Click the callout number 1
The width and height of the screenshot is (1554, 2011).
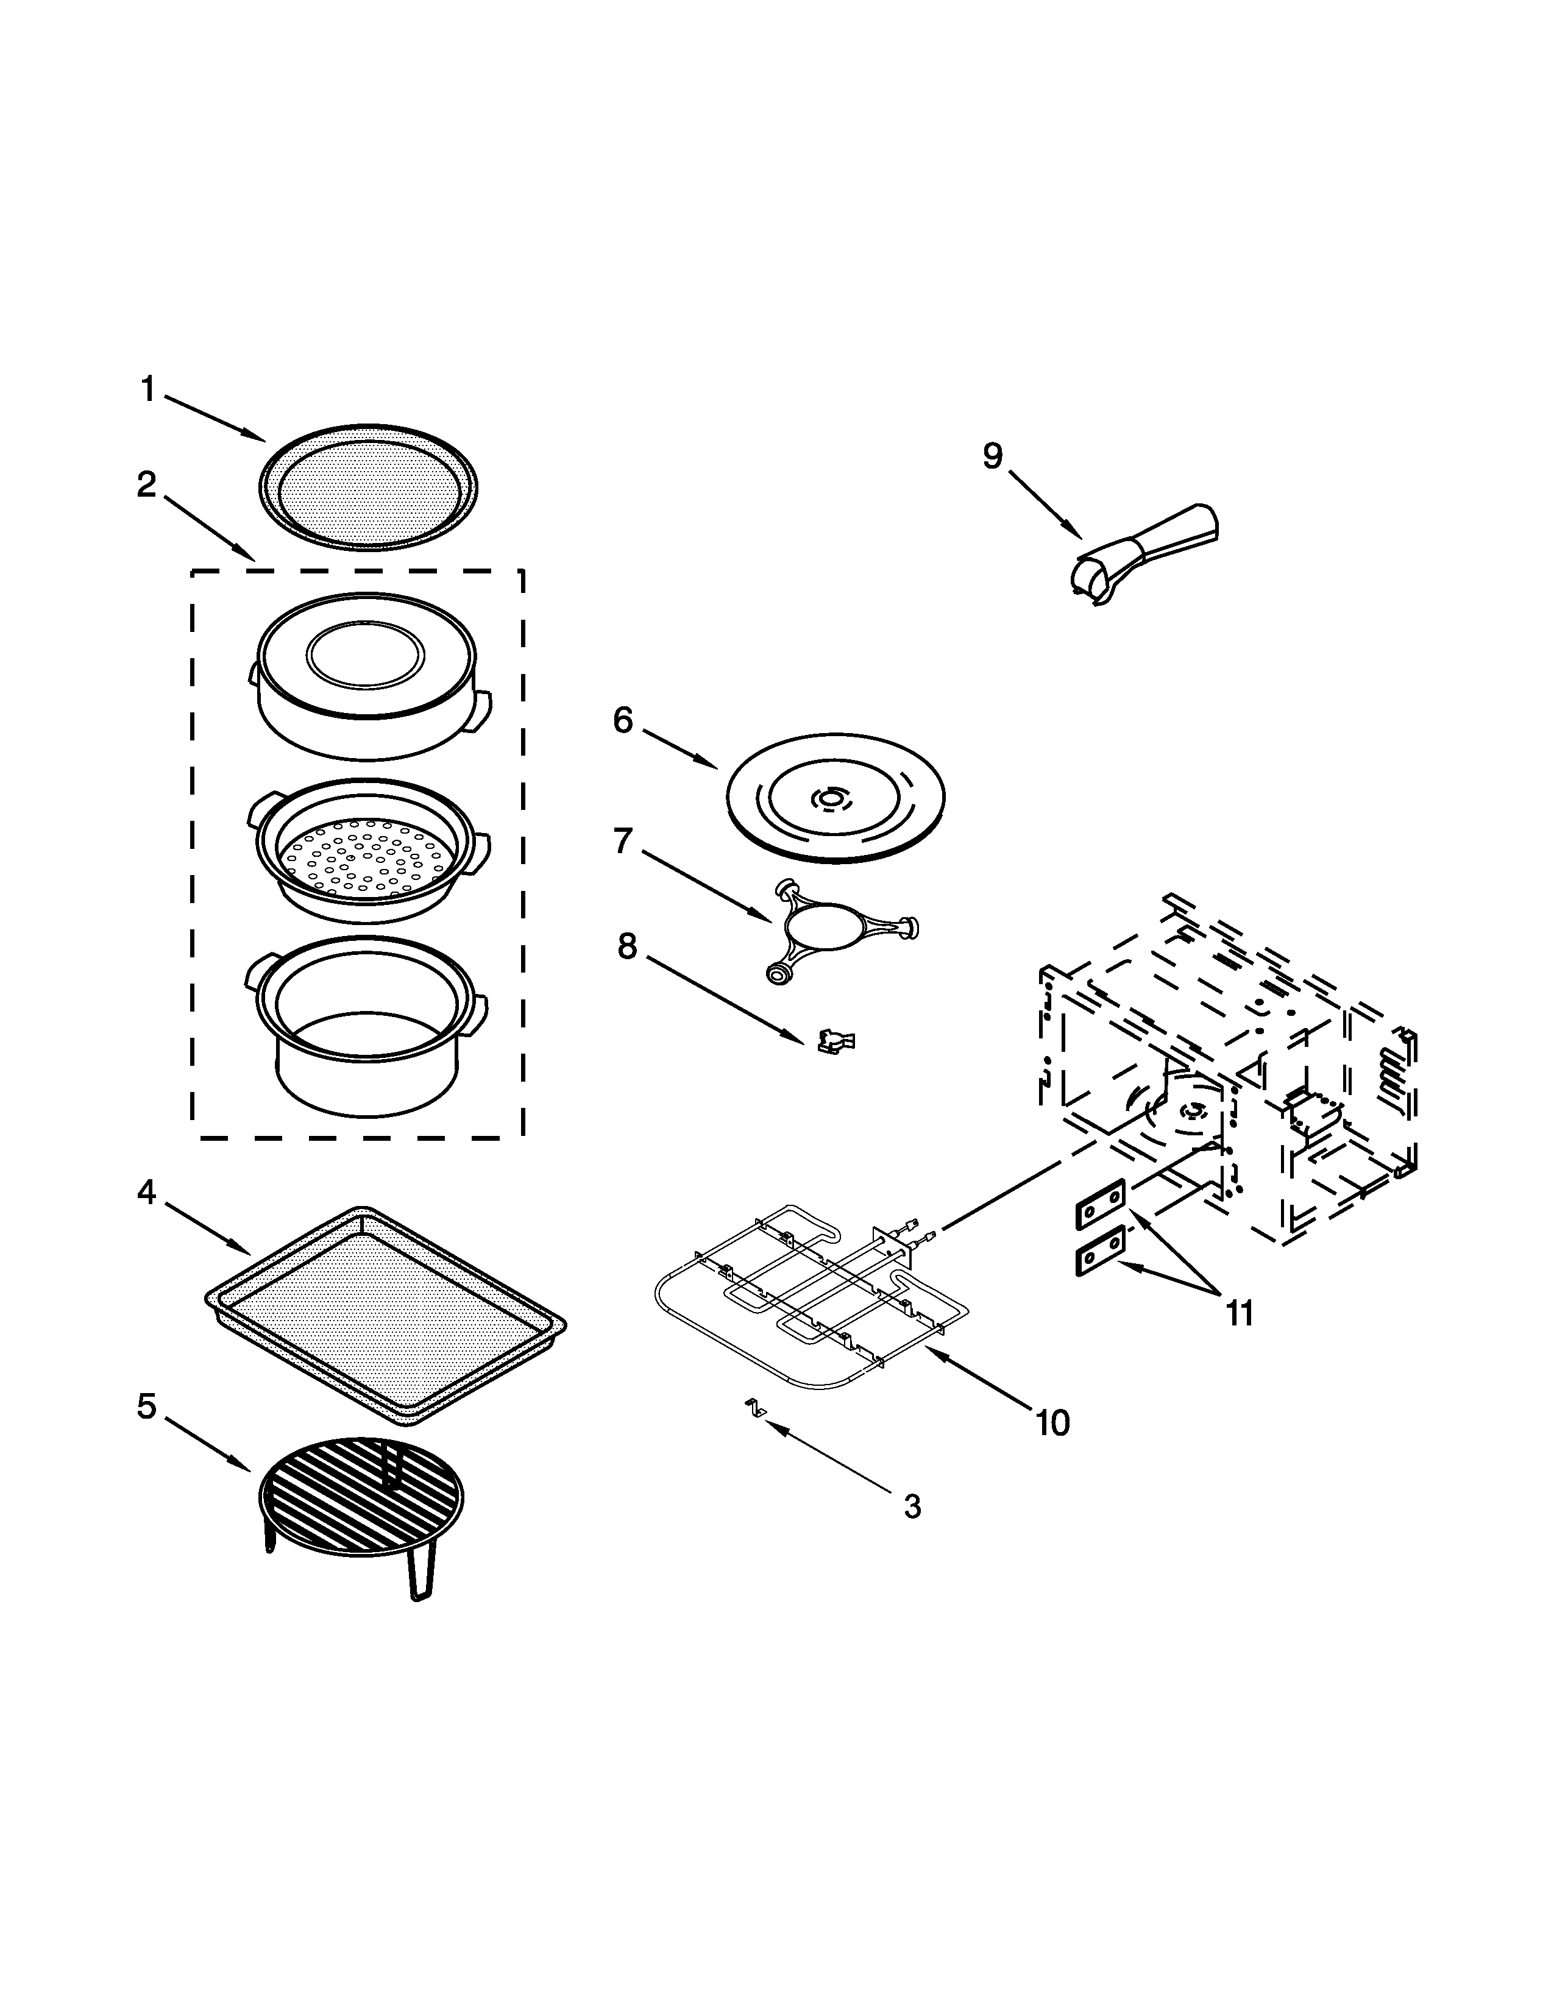[x=147, y=389]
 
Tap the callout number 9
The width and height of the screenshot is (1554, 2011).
[x=992, y=456]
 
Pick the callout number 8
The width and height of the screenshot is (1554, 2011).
[x=627, y=946]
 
